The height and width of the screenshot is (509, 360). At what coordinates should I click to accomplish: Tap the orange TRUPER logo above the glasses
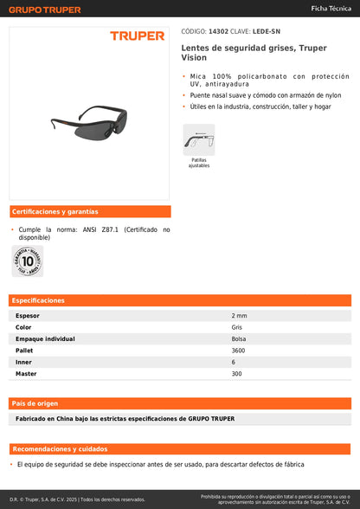click(136, 36)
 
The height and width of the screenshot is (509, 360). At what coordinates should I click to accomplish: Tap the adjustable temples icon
click(199, 139)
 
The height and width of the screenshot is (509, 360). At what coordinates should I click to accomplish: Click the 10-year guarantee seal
click(28, 260)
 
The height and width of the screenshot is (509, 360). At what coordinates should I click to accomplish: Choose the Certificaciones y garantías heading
click(55, 211)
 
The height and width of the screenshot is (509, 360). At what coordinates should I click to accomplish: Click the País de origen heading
click(35, 403)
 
